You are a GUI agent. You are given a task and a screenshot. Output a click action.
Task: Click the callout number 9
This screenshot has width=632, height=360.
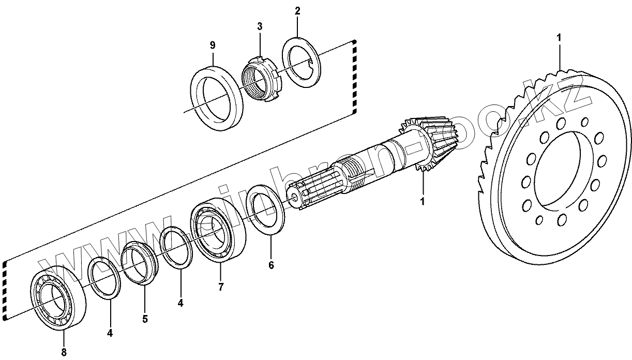(213, 46)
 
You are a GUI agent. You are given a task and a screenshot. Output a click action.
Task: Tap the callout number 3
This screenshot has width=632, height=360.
(260, 26)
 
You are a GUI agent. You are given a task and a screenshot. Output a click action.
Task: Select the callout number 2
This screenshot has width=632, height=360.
(297, 10)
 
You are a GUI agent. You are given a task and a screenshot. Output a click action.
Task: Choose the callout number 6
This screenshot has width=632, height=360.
(271, 265)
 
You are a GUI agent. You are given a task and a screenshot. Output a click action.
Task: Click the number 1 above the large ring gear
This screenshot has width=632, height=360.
(559, 37)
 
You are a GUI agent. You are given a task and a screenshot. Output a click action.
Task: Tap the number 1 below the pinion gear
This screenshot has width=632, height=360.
(422, 200)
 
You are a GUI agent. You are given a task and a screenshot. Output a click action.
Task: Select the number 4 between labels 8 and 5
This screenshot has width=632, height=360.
(110, 334)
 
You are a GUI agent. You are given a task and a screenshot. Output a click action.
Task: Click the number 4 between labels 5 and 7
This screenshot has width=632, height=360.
(180, 304)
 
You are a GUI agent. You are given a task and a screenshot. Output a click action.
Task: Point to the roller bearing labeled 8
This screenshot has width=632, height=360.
(57, 300)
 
